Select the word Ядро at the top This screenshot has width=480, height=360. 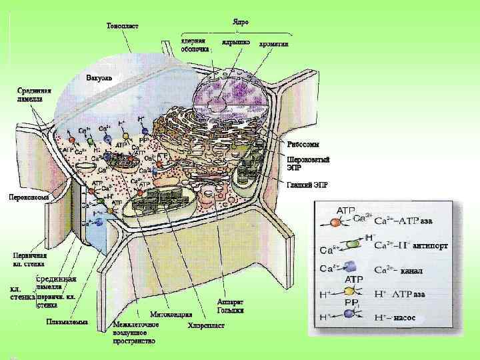(x=241, y=22)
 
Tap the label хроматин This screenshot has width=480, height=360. (x=273, y=43)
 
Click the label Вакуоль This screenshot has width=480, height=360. (x=99, y=78)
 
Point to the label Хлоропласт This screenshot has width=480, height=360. (x=206, y=325)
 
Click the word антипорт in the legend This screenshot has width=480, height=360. (x=430, y=245)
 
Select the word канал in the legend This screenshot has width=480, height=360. (x=411, y=271)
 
